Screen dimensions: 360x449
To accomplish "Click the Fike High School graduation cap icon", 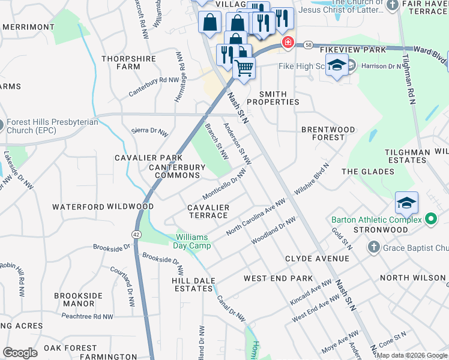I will coord(337,65).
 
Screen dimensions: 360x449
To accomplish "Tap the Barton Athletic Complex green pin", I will coord(430,219).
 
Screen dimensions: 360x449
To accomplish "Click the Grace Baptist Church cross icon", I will coord(373,247).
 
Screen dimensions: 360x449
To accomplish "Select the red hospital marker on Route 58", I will coord(288,42).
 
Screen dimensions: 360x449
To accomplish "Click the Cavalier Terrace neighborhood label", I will coord(208,211).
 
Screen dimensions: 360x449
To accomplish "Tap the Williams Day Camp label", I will coord(193,241).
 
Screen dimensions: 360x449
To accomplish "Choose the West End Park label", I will coord(278,278).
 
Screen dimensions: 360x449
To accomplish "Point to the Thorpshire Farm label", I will coord(128,62).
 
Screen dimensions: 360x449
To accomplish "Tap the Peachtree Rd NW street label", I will coord(87,316).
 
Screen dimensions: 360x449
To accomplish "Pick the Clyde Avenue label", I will coord(317,259).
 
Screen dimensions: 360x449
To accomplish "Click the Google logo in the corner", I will coord(20,352).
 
